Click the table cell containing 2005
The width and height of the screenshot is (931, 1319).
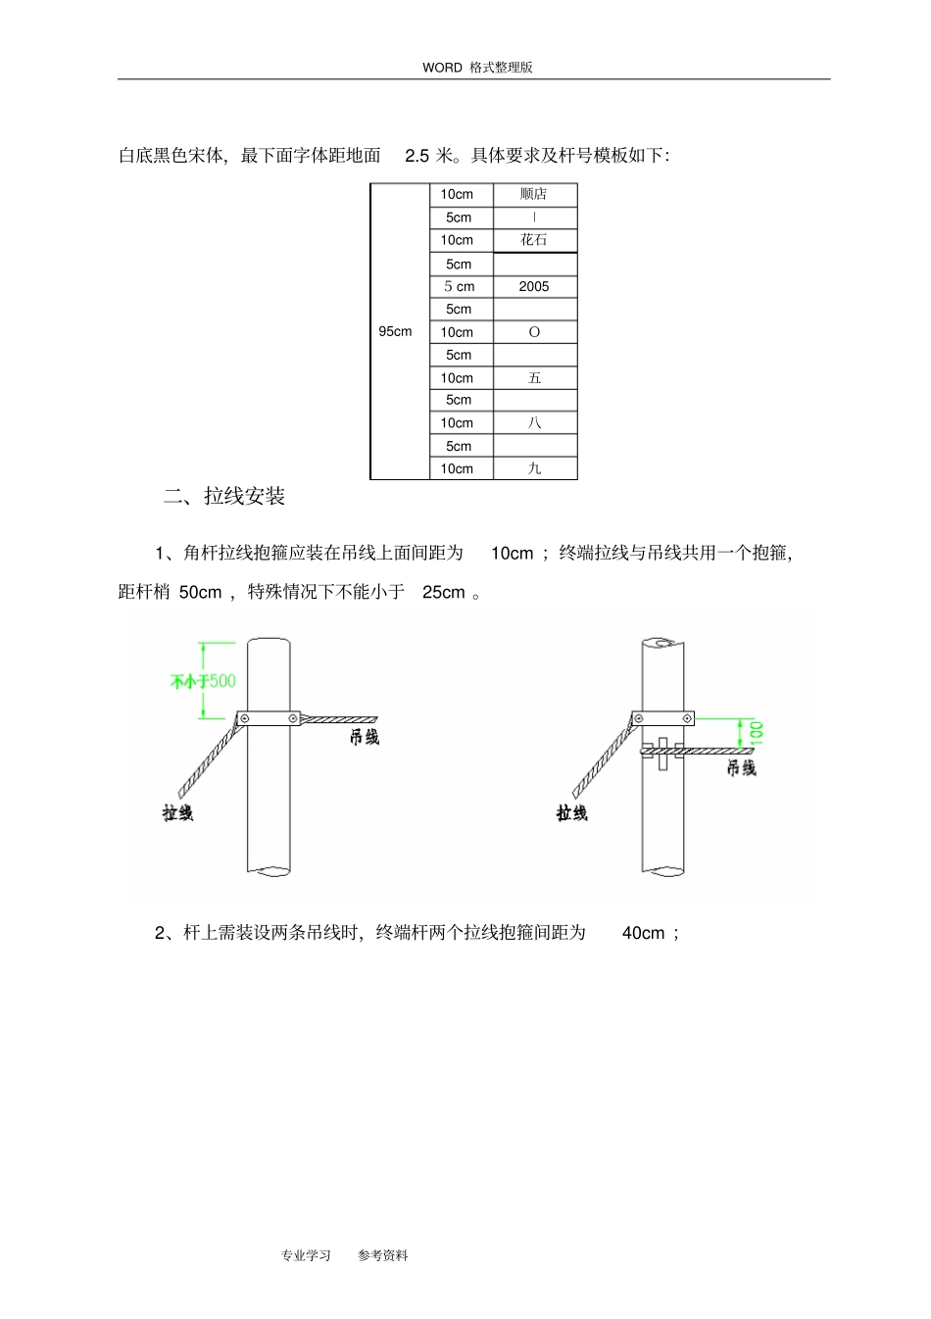click(534, 287)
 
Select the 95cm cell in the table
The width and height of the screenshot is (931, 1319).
click(396, 331)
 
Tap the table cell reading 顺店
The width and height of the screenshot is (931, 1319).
click(534, 194)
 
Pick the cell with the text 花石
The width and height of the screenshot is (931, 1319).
click(534, 240)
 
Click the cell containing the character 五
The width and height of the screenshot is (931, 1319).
click(534, 378)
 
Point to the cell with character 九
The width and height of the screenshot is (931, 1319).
click(534, 468)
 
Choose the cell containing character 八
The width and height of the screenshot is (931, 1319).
click(534, 423)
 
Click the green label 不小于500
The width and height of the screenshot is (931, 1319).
click(203, 681)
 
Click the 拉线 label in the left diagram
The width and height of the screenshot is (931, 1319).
click(177, 812)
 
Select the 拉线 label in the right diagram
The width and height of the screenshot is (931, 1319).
click(571, 812)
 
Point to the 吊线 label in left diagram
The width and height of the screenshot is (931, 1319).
click(365, 737)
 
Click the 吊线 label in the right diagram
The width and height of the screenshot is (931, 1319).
click(741, 768)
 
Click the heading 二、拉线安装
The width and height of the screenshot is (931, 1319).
click(224, 497)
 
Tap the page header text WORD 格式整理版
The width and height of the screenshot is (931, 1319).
click(477, 68)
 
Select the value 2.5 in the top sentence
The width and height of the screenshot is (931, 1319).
click(416, 156)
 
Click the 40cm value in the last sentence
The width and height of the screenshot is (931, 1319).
click(643, 933)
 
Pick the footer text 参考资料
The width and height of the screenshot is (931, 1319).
click(383, 1255)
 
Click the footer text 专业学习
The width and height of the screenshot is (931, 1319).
click(306, 1255)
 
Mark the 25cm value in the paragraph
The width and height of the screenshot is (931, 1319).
click(443, 592)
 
